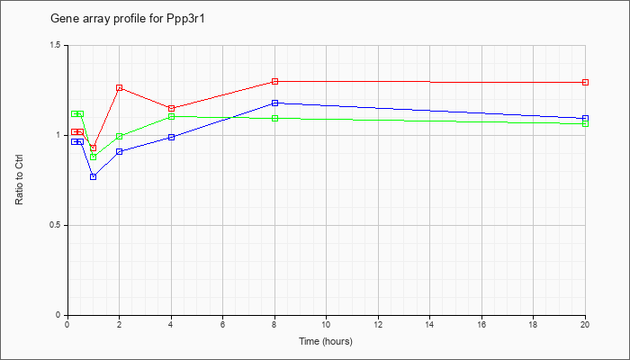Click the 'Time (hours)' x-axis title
[326, 342]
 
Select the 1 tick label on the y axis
[58, 135]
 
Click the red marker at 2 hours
[119, 88]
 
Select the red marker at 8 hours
[274, 82]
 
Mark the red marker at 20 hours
[585, 82]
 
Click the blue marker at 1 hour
[93, 176]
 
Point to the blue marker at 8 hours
[274, 103]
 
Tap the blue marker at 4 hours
[171, 137]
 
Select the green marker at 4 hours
[171, 116]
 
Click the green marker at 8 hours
[274, 118]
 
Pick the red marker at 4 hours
[171, 109]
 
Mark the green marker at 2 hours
[119, 137]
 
